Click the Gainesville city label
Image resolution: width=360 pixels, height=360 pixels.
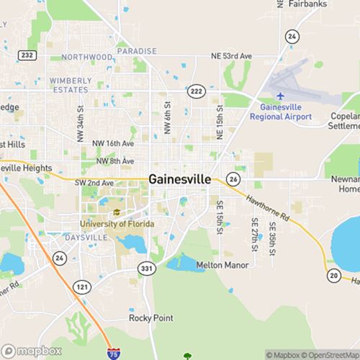coord(180,179)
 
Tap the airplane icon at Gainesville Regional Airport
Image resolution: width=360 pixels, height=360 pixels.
coord(281,96)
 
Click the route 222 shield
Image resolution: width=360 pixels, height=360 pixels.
coord(196,91)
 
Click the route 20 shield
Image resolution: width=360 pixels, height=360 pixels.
coord(333,276)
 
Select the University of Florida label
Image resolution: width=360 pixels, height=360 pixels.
coord(117,224)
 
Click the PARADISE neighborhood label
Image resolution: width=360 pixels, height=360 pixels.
coord(136,51)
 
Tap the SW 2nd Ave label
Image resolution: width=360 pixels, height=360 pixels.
coord(94,184)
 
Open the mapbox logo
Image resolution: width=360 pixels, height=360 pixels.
coord(31,351)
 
